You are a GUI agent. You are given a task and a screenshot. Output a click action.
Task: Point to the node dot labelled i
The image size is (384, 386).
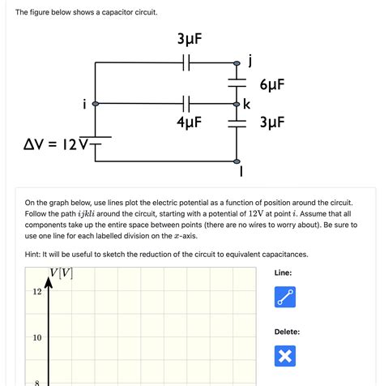pos(96,105)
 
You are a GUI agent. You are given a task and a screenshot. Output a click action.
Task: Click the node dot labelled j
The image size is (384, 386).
pos(237,63)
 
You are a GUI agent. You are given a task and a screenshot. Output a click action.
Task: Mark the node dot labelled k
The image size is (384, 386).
pos(237,105)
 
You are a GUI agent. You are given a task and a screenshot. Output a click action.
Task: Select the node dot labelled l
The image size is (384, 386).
pos(237,161)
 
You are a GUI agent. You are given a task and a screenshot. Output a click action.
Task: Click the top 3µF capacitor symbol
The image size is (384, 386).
pos(187,62)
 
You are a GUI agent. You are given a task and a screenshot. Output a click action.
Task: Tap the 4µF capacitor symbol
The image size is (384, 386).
pos(187,104)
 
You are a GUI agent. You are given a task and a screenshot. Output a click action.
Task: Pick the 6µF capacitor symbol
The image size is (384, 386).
pos(237,84)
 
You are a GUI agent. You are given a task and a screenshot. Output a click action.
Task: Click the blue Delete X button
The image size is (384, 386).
pos(285,355)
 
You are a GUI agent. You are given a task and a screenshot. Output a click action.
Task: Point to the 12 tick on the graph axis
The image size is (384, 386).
pos(37,292)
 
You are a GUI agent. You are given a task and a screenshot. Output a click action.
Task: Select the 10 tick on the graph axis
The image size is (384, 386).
pos(37,337)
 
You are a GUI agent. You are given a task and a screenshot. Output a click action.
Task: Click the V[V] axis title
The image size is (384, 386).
pos(61,273)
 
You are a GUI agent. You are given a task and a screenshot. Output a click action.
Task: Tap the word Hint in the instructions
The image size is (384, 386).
pos(36,254)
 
